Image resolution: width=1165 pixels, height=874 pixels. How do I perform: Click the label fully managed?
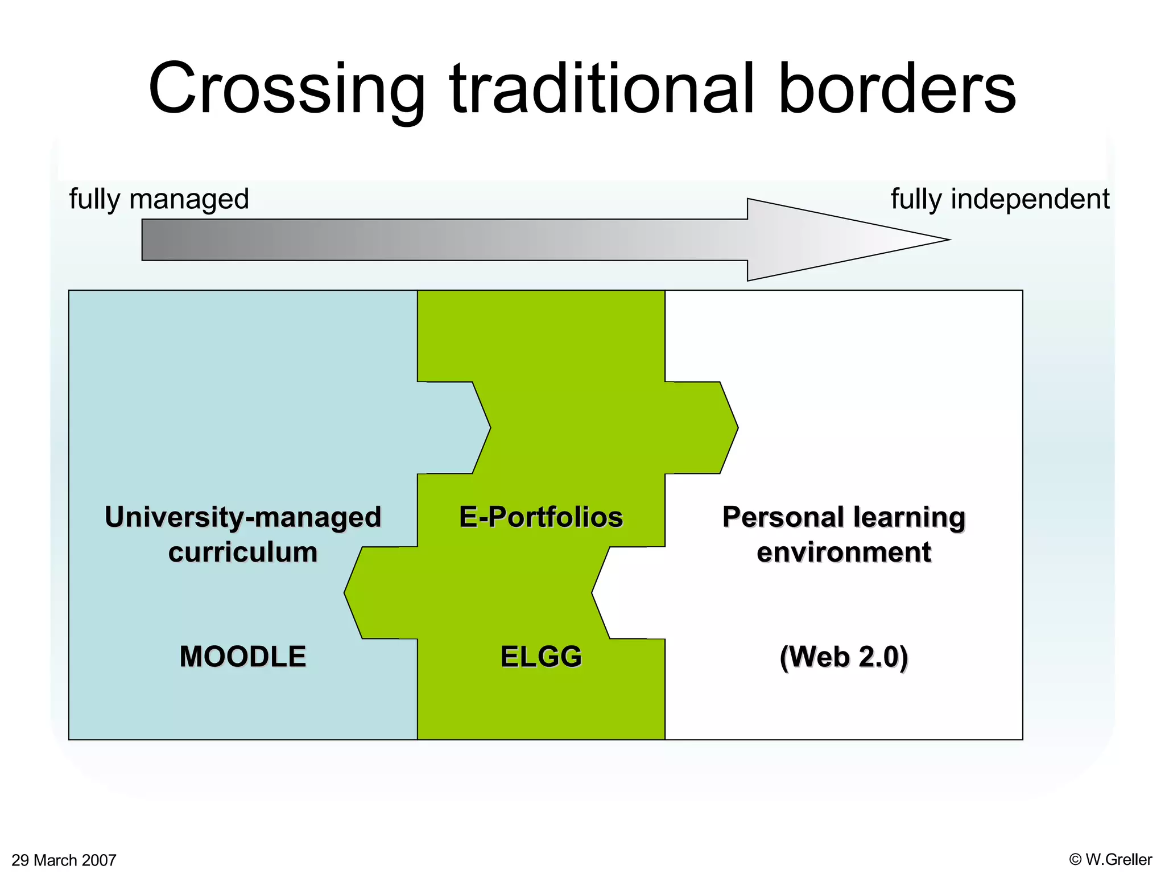[159, 199]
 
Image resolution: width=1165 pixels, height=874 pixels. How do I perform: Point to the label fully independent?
[999, 199]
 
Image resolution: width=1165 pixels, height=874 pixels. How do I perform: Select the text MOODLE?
[243, 657]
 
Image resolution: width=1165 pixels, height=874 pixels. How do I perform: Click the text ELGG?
[541, 657]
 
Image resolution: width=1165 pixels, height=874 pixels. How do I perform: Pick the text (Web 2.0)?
[844, 657]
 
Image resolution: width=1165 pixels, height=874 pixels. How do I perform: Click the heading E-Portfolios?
[541, 517]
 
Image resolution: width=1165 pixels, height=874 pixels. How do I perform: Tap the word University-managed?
[243, 517]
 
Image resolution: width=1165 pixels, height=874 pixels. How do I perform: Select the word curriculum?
[243, 553]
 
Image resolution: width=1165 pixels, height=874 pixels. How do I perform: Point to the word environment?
[844, 553]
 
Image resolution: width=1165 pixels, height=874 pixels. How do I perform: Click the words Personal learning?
[844, 517]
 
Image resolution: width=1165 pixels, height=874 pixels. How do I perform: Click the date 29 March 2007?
[64, 860]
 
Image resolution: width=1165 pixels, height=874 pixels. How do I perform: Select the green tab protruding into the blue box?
[381, 593]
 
